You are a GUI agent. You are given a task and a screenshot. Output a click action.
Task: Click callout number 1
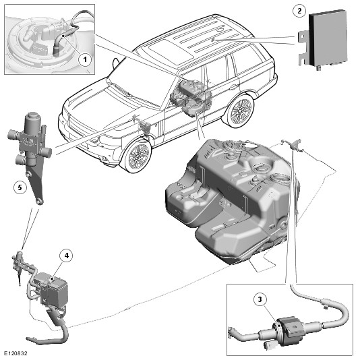click(x=85, y=60)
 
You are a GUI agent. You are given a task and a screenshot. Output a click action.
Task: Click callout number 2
click(x=299, y=11)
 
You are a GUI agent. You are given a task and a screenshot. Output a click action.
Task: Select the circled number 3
click(x=260, y=299)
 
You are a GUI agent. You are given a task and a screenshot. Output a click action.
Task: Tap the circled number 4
click(x=67, y=256)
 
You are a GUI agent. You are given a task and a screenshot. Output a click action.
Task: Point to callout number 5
click(x=20, y=187)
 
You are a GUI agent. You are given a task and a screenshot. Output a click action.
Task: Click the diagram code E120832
click(x=16, y=353)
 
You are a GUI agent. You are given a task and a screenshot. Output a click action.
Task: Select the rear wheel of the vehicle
click(x=241, y=111)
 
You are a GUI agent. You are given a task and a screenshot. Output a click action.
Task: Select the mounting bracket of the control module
click(x=303, y=47)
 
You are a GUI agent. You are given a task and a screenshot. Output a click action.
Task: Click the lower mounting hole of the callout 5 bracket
click(x=40, y=202)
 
